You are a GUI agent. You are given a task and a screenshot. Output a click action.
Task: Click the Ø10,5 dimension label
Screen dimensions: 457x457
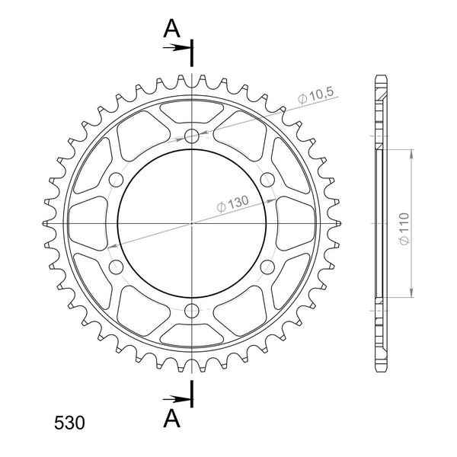315,95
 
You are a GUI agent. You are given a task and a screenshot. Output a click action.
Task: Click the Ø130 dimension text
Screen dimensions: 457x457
233,203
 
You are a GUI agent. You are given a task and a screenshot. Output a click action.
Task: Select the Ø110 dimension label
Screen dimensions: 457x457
404,228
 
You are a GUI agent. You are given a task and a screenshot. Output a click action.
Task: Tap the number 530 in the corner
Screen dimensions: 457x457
69,423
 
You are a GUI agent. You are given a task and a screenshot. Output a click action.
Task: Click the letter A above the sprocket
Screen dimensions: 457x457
171,29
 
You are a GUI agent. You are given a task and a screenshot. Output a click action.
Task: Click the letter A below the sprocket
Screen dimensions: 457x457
171,418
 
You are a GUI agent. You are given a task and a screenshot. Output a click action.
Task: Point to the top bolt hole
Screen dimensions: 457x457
192,136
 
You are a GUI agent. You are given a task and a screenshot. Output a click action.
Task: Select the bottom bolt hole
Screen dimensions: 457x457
192,311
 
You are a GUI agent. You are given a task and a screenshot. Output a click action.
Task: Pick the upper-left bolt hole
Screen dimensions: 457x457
116,180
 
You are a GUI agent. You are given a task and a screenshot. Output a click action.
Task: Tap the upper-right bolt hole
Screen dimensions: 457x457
267,180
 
